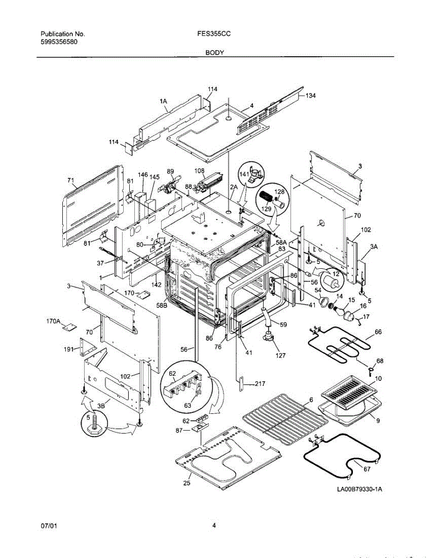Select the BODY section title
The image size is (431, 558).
(x=215, y=53)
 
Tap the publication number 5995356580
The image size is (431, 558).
(x=59, y=42)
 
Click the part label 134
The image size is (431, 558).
(x=310, y=96)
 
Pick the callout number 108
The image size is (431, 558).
(x=199, y=171)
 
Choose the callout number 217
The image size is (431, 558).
(x=259, y=384)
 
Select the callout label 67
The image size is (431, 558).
(x=367, y=469)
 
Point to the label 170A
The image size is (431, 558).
(x=53, y=321)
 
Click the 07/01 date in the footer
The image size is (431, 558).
(x=48, y=526)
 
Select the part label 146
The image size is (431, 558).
(x=143, y=175)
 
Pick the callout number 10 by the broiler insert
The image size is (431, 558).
(x=378, y=379)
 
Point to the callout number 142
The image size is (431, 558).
(x=156, y=285)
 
